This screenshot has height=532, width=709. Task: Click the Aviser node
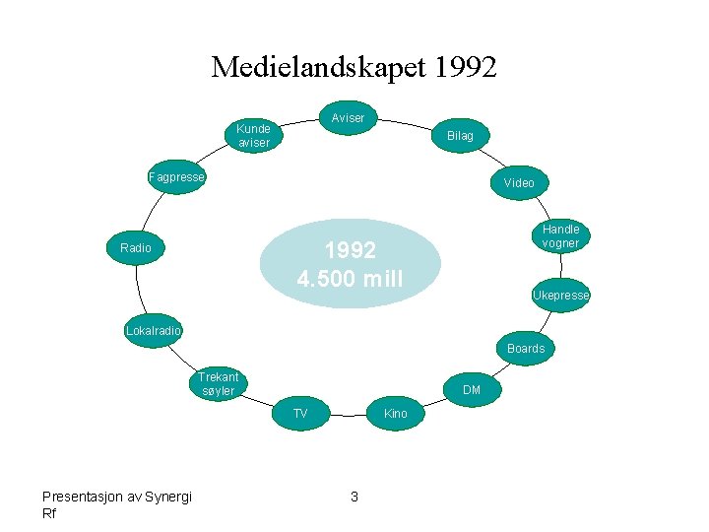point(348,118)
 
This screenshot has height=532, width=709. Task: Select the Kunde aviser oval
point(253,136)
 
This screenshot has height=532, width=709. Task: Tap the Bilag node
point(460,136)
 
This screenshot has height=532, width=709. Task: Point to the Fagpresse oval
point(176,178)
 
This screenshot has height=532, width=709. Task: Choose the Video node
point(519,183)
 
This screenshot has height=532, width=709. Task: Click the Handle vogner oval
point(560,236)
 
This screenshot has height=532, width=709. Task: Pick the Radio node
point(136,248)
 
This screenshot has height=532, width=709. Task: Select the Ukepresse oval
point(560,296)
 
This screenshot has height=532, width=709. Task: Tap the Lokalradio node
point(154,331)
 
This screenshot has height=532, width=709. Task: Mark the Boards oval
point(526,349)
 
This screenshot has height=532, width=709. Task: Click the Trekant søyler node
point(218,384)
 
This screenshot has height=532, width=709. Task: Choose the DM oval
point(472,391)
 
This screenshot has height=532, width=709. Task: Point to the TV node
point(300,414)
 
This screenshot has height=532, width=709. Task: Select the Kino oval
point(395,414)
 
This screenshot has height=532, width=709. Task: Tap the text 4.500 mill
point(350,280)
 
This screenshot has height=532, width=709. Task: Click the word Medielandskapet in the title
point(317,68)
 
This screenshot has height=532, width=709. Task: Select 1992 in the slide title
point(464,68)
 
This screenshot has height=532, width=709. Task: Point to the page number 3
point(354,497)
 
